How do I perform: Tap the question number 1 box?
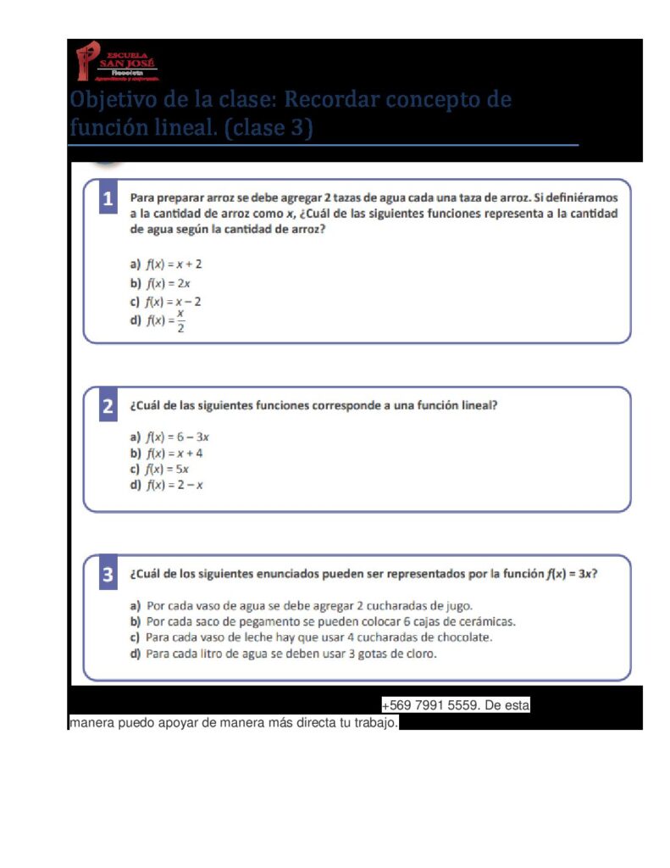(108, 200)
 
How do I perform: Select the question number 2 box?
(108, 407)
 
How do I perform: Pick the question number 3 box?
(108, 575)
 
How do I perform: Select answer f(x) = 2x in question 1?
(161, 283)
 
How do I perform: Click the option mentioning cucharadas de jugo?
(301, 605)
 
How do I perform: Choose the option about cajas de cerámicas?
(322, 621)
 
